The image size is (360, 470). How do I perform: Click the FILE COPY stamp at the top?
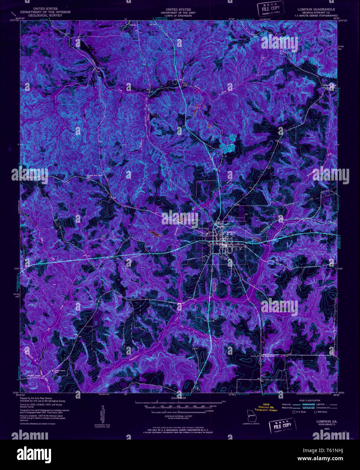270,9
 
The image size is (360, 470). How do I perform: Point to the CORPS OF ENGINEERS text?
176,16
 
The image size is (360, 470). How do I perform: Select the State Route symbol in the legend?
315,412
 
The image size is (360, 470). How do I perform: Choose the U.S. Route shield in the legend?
293,412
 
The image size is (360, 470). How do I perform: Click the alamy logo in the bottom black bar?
34,454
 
